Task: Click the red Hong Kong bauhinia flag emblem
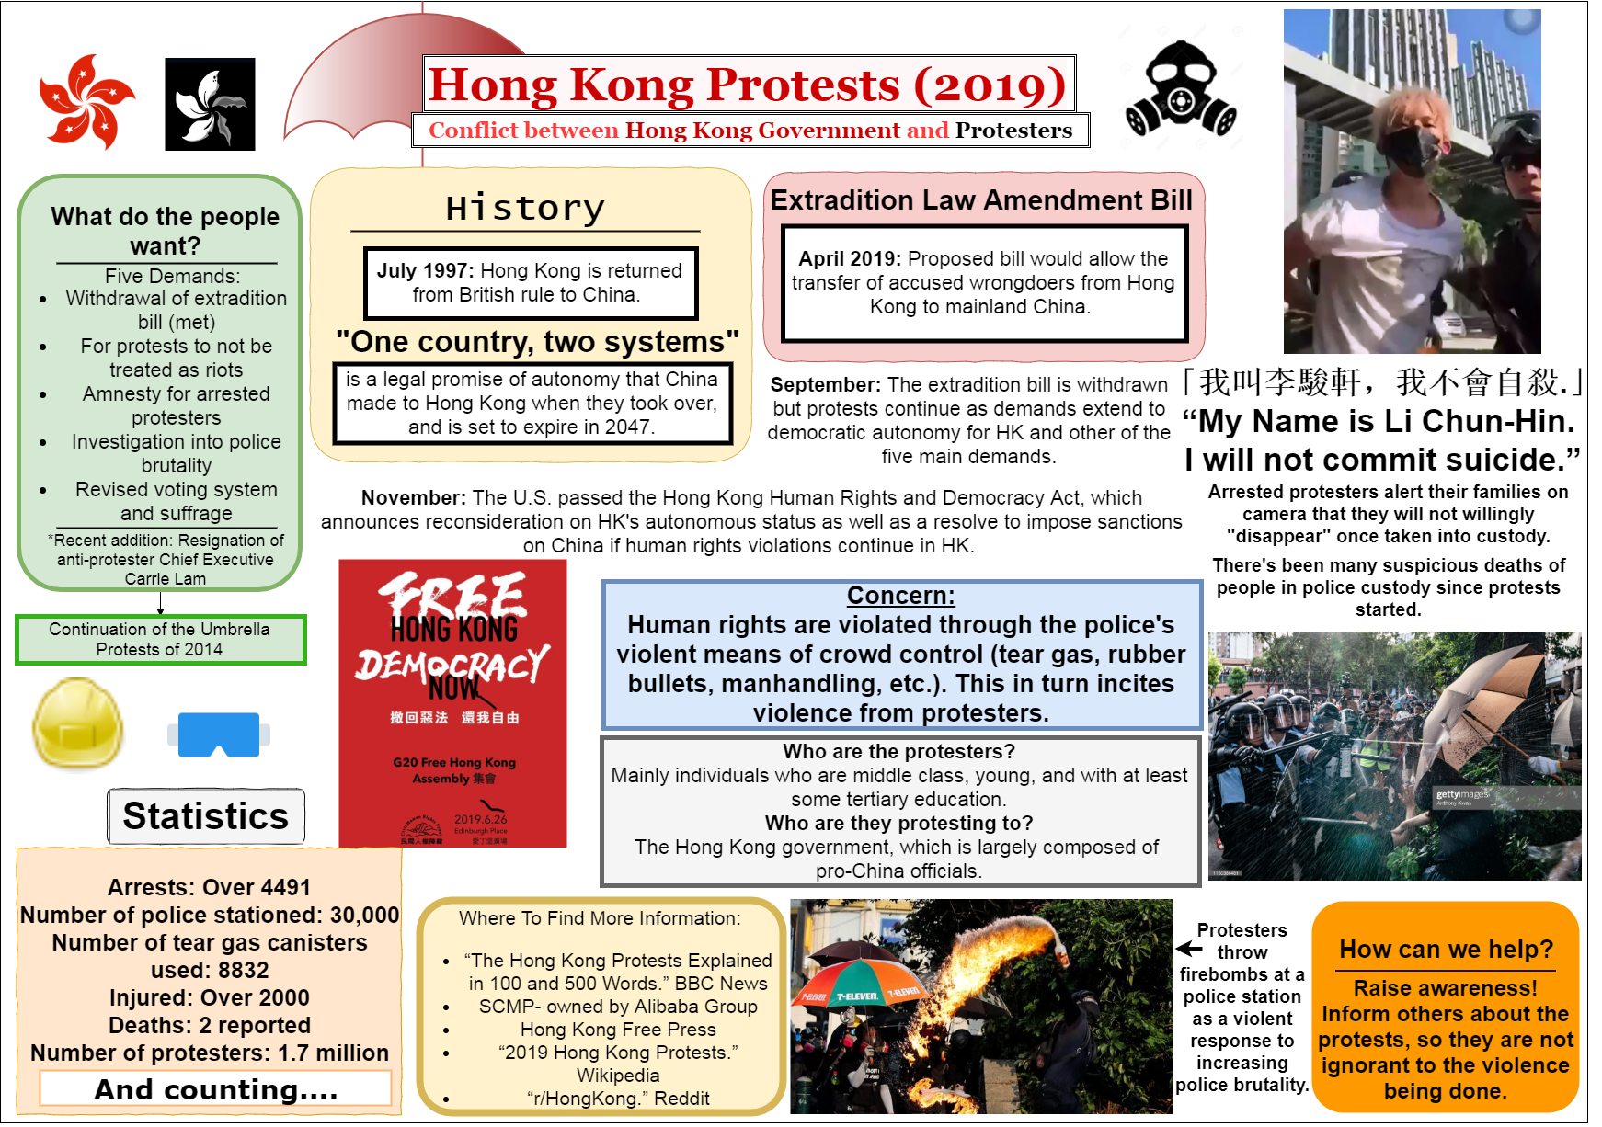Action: tap(86, 101)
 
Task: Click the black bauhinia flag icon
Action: tap(210, 104)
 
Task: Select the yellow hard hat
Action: tap(77, 724)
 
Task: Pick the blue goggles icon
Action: tap(219, 734)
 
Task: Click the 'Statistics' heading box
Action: tap(206, 815)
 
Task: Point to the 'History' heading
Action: tap(525, 209)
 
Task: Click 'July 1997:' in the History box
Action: tap(425, 270)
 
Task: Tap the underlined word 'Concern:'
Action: tap(900, 596)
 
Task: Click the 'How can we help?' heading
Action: tap(1446, 949)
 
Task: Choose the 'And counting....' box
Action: tap(215, 1089)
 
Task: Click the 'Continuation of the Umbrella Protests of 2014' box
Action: tap(160, 639)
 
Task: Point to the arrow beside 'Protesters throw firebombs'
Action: tap(1188, 949)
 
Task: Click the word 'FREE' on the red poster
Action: tap(453, 596)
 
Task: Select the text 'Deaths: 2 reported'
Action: tap(210, 1025)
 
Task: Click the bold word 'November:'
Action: tap(413, 498)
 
